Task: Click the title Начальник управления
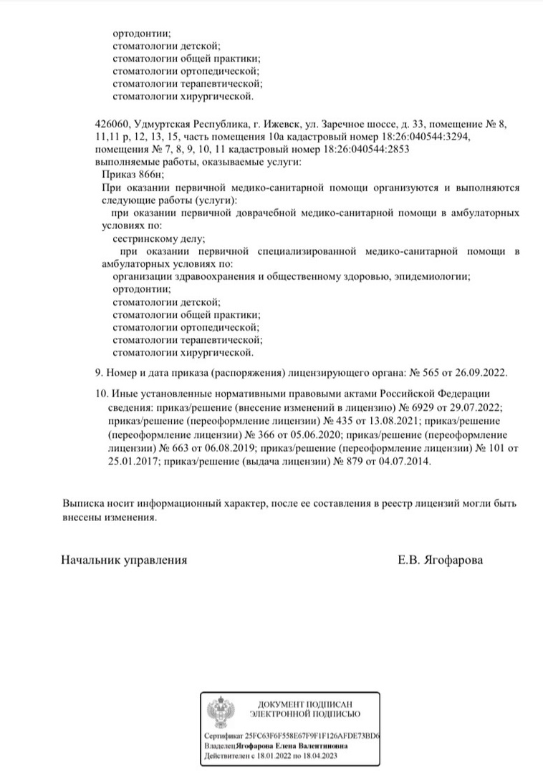point(124,560)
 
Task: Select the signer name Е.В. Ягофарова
point(440,560)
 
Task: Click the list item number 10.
point(100,393)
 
